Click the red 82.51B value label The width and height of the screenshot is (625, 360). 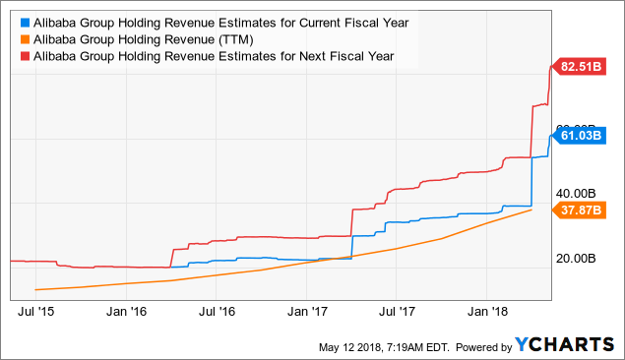click(x=583, y=67)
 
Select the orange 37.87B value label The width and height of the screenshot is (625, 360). click(x=583, y=210)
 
